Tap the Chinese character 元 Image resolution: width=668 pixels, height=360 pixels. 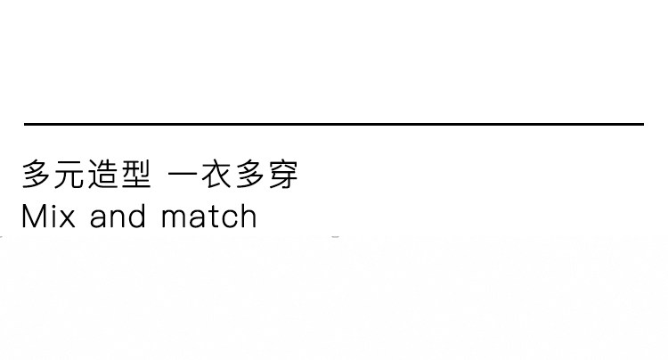coord(70,175)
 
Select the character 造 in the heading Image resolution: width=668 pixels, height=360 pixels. coord(103,175)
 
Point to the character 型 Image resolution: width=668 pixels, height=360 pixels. coord(135,175)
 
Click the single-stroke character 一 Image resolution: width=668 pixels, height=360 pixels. coord(183,175)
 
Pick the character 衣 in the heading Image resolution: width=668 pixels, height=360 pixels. coord(216,175)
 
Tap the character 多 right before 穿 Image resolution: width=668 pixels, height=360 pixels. coord(249,175)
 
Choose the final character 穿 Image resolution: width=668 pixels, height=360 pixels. coord(282,175)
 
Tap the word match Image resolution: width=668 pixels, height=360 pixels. coord(209,217)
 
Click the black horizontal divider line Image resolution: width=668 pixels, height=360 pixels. coord(334,124)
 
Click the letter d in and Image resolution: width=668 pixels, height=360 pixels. coord(138,217)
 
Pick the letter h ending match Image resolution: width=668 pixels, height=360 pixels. coord(248,217)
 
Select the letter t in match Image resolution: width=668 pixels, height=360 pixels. coord(214,217)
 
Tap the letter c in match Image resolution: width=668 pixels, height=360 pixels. coord(229,219)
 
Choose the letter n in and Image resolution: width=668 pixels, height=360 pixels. coord(119,219)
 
